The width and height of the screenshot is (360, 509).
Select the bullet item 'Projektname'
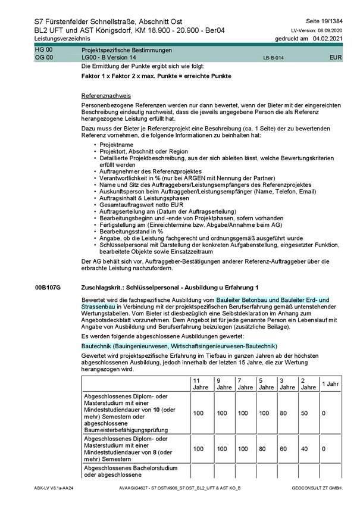[117, 145]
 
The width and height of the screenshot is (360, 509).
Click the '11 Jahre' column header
[201, 383]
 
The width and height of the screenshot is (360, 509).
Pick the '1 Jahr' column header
[331, 383]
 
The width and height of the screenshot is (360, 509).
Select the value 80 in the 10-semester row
[286, 413]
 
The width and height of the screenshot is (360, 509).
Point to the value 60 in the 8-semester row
[286, 448]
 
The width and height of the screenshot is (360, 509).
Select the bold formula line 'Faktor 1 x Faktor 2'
[156, 77]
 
